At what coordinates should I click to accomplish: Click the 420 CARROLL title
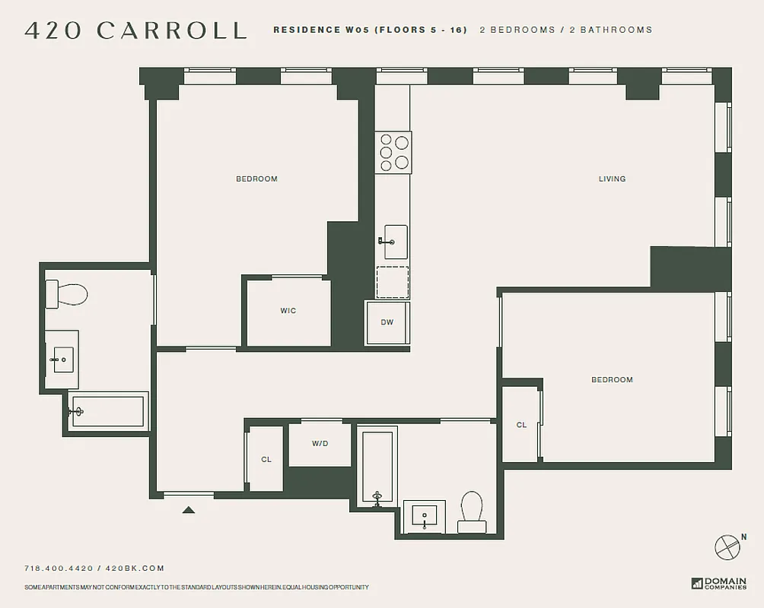[135, 30]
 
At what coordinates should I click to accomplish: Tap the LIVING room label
[612, 179]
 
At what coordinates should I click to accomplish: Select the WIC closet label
[288, 311]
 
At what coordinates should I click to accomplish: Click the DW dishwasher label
[387, 322]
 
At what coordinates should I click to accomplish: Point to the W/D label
[320, 444]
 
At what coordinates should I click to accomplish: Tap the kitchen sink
[394, 242]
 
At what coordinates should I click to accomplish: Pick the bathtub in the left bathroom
[108, 411]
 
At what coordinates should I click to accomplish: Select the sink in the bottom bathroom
[424, 518]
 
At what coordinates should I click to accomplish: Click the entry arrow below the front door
[189, 510]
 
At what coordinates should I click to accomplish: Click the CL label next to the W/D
[266, 460]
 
